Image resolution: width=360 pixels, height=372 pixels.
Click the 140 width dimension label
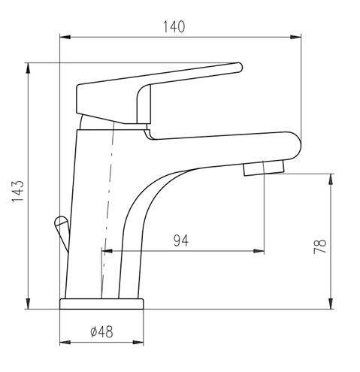click(174, 27)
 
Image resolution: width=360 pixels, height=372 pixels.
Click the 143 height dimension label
click(18, 191)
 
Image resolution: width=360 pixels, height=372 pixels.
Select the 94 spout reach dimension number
click(181, 240)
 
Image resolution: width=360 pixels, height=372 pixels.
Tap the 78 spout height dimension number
click(320, 246)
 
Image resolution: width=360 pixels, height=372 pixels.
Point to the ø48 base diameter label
click(101, 332)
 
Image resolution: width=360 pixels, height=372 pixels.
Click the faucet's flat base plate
click(101, 304)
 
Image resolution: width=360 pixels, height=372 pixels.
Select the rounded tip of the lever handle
click(238, 68)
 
